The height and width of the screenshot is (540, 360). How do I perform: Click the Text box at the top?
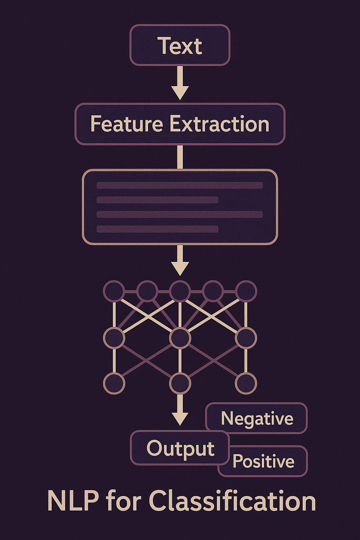[180, 45]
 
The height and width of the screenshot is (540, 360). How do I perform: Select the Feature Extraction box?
[180, 124]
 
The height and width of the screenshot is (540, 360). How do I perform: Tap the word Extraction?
[219, 124]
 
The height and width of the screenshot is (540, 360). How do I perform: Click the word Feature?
[127, 124]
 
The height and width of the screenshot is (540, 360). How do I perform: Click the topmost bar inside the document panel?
[180, 185]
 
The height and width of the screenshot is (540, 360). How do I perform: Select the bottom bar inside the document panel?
[157, 229]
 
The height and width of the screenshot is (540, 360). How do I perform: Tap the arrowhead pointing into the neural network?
[180, 268]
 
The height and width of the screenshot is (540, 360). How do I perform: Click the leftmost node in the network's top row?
[114, 291]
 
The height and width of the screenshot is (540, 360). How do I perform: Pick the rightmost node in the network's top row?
[246, 291]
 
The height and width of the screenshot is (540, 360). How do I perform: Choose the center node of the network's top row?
[180, 291]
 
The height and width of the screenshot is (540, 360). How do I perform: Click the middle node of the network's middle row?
[180, 338]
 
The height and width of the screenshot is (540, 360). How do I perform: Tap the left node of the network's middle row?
[114, 338]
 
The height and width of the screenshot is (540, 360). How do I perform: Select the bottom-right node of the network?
[246, 383]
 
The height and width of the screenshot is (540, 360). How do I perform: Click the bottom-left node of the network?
[114, 383]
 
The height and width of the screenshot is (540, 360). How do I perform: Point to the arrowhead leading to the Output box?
[180, 418]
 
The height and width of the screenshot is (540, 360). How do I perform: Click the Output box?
[180, 449]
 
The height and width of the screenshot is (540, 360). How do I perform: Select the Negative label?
[257, 418]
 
